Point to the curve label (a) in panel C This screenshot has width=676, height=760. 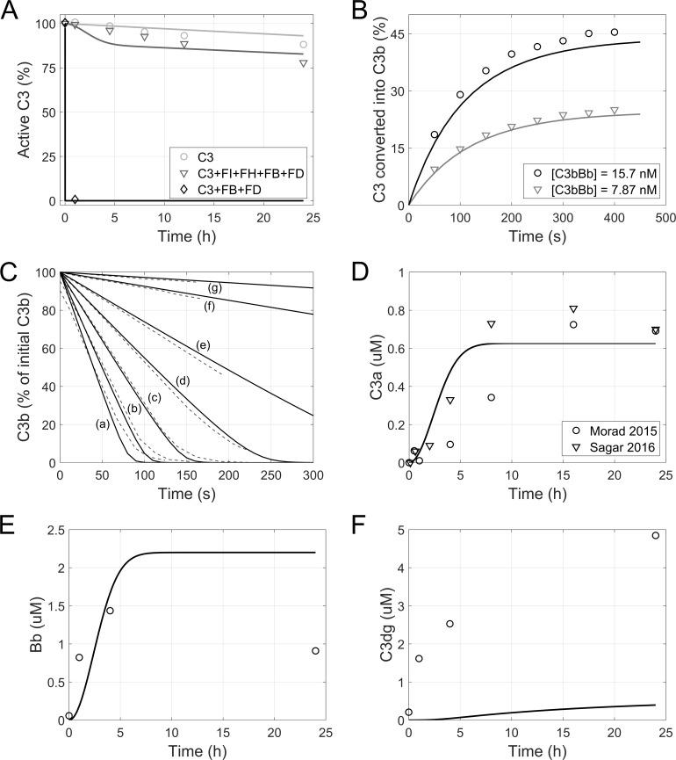[102, 424]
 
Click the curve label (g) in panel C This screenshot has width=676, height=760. [213, 288]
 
